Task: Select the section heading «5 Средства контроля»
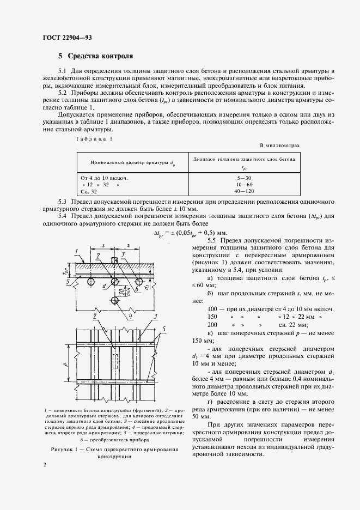coord(95,56)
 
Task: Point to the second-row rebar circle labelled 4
coord(114,301)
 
